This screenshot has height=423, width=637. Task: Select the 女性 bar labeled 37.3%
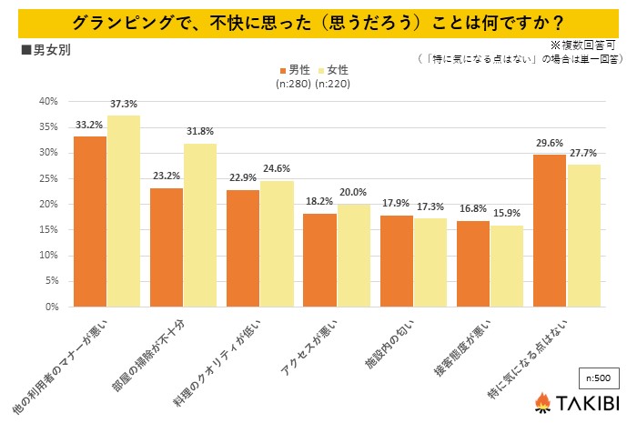(124, 211)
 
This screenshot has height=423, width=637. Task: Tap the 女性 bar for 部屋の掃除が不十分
(200, 225)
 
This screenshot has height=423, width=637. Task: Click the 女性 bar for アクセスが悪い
(354, 255)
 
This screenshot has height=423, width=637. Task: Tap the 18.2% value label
(319, 201)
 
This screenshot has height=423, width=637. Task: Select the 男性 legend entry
(293, 69)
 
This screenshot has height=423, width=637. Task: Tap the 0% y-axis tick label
(51, 307)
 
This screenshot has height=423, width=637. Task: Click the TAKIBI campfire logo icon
(543, 400)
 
